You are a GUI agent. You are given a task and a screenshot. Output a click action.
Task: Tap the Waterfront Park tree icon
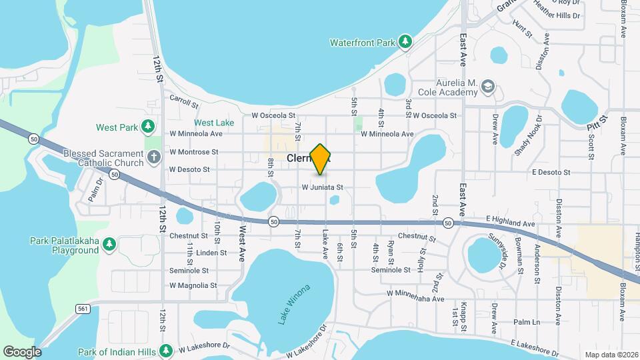[405, 42]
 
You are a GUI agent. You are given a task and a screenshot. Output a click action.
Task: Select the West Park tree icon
[148, 127]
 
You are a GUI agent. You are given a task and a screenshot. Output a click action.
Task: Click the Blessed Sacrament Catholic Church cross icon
[154, 158]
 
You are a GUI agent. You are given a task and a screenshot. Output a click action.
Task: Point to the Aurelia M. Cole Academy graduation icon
[489, 87]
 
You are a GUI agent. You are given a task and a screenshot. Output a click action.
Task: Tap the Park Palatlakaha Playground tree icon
[109, 245]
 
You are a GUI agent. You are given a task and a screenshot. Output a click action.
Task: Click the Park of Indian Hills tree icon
[165, 351]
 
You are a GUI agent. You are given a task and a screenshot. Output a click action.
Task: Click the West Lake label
[214, 123]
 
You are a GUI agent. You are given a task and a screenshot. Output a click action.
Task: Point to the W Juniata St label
[322, 187]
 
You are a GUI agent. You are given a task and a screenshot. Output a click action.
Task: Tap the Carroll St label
[184, 101]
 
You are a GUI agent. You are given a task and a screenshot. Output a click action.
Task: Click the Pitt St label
[598, 123]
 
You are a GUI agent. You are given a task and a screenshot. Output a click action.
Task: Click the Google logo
[21, 351]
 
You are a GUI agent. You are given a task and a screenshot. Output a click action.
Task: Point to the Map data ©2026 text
[611, 355]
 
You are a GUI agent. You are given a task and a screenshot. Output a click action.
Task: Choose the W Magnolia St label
[193, 285]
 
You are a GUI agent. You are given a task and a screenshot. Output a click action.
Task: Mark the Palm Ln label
[527, 321]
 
